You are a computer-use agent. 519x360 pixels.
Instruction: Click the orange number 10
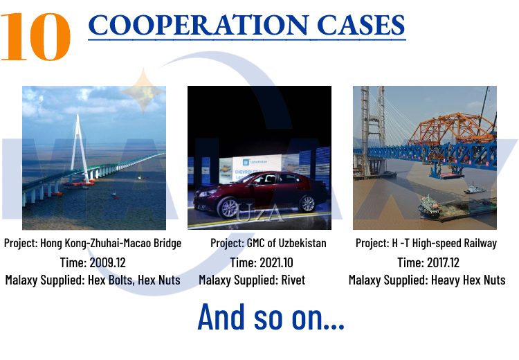coord(36,37)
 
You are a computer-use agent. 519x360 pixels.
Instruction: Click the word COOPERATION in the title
coord(199,25)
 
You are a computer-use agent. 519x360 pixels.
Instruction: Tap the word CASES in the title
coord(361,25)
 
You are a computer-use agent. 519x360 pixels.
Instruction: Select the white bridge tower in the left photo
coord(80,148)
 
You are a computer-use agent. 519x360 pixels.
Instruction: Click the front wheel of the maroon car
coord(228,207)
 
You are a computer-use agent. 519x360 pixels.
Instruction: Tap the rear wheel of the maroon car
coord(307,204)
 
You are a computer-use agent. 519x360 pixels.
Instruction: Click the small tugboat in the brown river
coord(475,189)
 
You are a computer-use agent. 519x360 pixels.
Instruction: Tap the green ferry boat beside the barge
coord(429,205)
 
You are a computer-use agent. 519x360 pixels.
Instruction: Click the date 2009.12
coord(107,262)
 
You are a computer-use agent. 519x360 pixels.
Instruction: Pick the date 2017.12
coord(443,262)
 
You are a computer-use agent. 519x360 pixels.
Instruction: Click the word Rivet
coord(293,280)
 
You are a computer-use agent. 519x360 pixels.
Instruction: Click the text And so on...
coord(271,316)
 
